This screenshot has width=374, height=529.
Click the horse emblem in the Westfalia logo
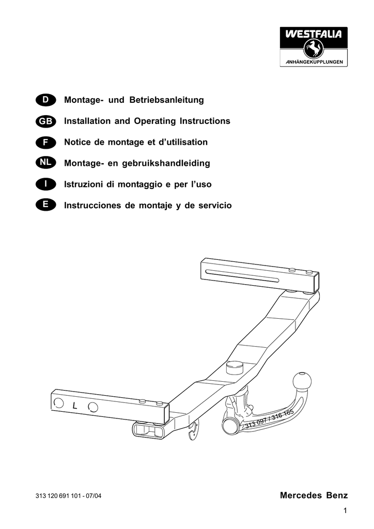[314, 48]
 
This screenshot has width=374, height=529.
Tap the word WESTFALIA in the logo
[314, 34]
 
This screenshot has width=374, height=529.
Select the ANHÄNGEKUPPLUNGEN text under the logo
[314, 62]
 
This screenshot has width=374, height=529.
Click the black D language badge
[45, 100]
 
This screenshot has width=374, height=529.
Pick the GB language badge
[45, 121]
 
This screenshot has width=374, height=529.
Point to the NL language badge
[45, 163]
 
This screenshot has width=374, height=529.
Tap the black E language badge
[45, 205]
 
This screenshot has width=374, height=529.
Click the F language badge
[45, 143]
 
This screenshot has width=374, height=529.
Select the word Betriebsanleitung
[167, 100]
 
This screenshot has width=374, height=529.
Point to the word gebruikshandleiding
[166, 163]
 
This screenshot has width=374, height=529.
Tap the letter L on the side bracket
[75, 406]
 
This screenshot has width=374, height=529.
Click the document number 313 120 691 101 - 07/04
[69, 496]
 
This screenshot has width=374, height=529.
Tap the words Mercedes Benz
[314, 495]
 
